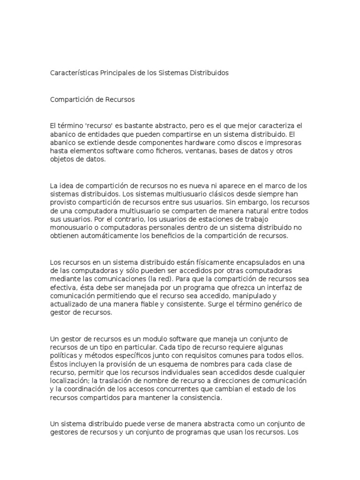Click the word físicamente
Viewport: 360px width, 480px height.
[185, 262]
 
